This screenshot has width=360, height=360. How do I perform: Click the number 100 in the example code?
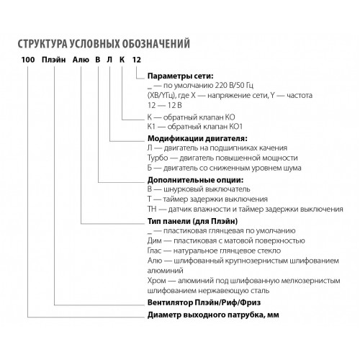28,60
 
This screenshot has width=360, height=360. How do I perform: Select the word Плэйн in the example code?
54,60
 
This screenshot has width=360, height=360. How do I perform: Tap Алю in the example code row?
81,60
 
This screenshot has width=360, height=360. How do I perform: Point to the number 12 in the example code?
137,60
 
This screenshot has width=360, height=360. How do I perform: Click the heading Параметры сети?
180,76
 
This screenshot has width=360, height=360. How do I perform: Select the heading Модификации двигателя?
197,138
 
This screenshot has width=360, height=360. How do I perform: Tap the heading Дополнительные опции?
195,180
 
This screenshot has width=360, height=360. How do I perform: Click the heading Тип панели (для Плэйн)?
192,221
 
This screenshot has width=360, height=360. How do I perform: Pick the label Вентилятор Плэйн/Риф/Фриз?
204,302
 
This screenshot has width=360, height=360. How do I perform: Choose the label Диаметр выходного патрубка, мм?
213,315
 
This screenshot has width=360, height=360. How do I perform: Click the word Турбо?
158,158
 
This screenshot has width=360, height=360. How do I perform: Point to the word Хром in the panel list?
157,281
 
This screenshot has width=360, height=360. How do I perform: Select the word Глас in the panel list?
154,251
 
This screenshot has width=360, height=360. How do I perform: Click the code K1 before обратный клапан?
151,127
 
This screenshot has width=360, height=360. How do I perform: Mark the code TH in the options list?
152,209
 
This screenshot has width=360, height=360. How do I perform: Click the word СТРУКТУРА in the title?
42,44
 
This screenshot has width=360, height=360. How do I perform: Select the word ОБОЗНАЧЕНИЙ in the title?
156,44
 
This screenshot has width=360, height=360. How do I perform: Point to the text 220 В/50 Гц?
234,86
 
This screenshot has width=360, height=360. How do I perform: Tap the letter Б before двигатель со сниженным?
150,168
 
